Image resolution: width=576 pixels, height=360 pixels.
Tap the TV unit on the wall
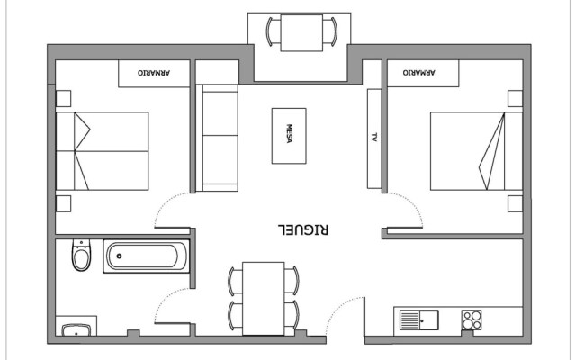click(x=373, y=138)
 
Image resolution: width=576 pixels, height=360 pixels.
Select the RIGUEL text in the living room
click(x=306, y=229)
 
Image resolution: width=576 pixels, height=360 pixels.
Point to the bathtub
click(x=148, y=257)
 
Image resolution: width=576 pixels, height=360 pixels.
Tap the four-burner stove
click(x=472, y=320)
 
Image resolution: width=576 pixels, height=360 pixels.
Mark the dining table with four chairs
click(x=264, y=297)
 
